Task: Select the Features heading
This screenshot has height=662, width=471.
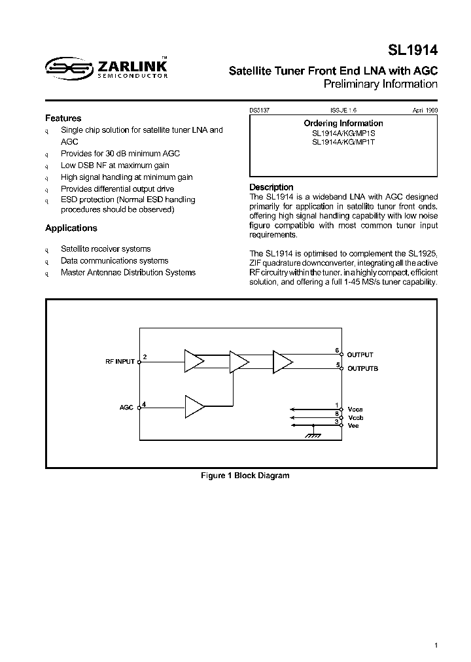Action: pos(63,118)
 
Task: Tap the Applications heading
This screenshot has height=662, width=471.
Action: pos(71,228)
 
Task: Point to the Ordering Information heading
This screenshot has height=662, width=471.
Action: pos(343,123)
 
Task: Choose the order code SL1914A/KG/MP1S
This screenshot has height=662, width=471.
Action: pos(343,133)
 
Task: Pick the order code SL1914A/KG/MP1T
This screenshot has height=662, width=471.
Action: pos(343,142)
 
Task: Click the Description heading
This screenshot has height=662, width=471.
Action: pos(271,187)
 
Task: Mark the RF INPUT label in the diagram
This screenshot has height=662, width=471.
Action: pos(120,361)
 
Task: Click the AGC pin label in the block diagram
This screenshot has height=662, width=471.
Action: pos(126,407)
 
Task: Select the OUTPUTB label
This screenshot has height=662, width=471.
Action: pos(362,368)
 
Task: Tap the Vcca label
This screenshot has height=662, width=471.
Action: pos(354,408)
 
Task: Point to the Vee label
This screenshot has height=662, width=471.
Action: pos(353,426)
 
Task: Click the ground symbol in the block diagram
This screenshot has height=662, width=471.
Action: pos(313,433)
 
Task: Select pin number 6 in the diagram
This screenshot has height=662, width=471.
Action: pos(337,351)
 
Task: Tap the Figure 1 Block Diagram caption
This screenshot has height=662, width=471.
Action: pos(245,476)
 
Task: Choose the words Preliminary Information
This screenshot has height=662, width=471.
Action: pos(380,84)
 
